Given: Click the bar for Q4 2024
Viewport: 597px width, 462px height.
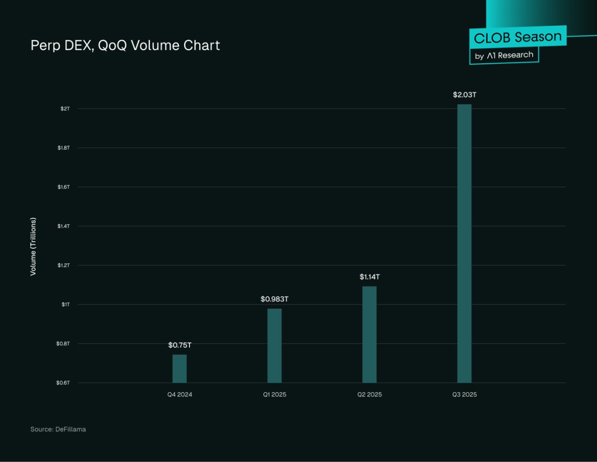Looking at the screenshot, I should point(180,369).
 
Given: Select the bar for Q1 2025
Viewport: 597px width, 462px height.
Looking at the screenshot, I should point(274,345).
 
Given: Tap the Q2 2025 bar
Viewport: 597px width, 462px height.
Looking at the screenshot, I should point(369,334).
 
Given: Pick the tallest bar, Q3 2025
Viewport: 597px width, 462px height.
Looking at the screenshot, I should point(464,243).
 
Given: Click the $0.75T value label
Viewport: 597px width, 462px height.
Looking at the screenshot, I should point(180,345).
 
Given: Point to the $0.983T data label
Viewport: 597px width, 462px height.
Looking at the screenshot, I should point(275,299).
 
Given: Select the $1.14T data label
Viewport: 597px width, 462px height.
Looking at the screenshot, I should point(370,276).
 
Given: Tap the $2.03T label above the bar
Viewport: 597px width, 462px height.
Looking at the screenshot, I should point(464,95).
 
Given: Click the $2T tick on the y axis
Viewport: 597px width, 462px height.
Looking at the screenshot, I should point(65,108).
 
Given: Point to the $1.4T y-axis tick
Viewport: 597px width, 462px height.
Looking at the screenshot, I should point(64,226).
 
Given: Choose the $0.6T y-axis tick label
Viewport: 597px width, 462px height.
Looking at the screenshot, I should point(64,382).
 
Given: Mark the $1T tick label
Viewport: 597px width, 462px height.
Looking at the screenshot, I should point(66,305).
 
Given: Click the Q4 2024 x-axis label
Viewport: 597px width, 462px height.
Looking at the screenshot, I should point(180,395).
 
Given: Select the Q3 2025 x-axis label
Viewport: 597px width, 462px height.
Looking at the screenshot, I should point(464,395).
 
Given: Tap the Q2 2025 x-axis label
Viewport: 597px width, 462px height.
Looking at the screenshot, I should point(369,395).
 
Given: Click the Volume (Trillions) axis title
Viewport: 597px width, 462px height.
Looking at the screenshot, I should point(33,246).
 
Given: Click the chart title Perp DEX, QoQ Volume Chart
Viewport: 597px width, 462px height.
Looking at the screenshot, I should point(125,45).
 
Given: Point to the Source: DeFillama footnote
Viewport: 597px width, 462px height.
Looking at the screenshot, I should point(58,429).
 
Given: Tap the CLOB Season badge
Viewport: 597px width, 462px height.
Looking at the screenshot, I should point(518,38).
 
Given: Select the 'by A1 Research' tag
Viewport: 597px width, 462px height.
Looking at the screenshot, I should point(504,55).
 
